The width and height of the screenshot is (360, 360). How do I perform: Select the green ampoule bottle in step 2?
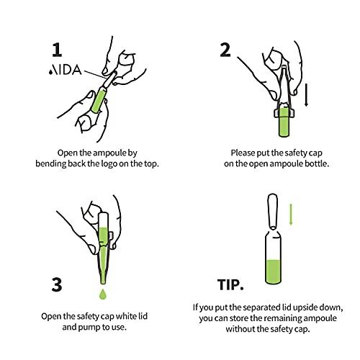pyautogui.click(x=284, y=123)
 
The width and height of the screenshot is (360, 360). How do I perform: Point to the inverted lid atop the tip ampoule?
pyautogui.click(x=272, y=211)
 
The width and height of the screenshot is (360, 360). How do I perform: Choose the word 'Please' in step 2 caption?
pyautogui.click(x=244, y=153)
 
